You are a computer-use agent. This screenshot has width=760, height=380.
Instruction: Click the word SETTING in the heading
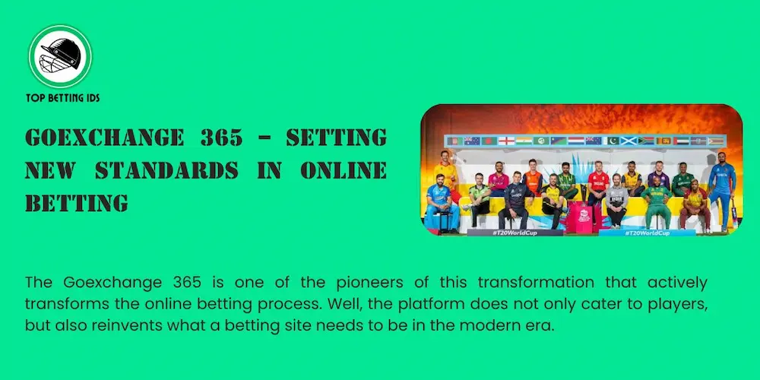pos(336,138)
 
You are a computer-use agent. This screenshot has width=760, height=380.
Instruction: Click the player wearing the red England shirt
pos(598,186)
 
